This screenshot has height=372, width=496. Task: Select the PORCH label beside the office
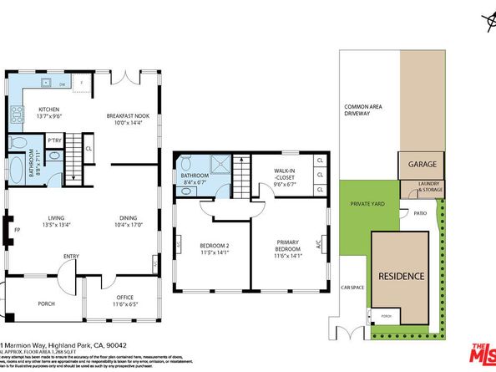47,303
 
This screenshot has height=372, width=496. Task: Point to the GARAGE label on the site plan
423,164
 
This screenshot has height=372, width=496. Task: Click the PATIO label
421,214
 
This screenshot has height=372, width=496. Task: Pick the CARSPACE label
352,287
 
